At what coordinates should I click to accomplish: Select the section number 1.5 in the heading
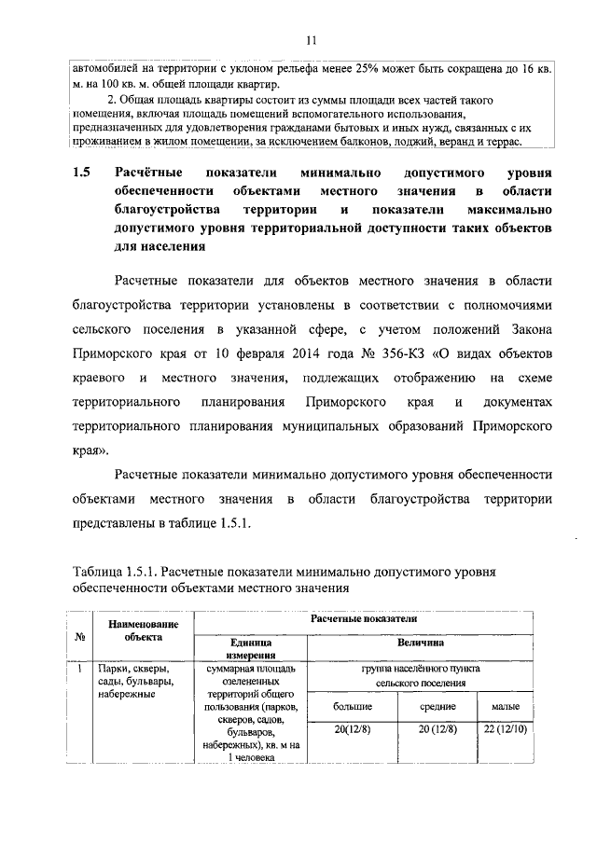(x=82, y=174)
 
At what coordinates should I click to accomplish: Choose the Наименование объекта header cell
(x=142, y=630)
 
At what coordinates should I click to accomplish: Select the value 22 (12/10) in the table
(x=506, y=729)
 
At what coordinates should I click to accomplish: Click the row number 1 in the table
(x=81, y=669)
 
